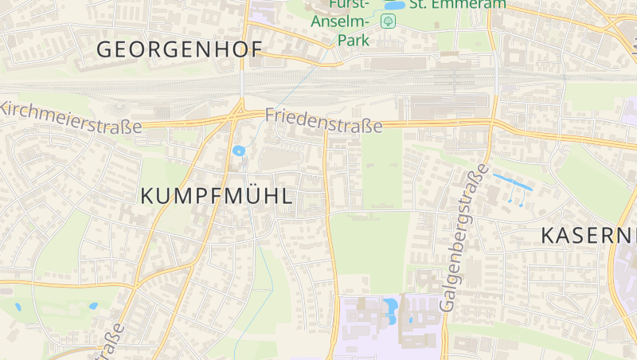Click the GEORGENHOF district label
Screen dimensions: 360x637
[x=179, y=49]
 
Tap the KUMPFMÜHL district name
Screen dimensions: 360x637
[x=217, y=196]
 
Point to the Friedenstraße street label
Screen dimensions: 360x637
[x=323, y=119]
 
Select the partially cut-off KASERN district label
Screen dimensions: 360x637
[x=588, y=235]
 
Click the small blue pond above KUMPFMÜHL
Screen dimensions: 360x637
[x=238, y=151]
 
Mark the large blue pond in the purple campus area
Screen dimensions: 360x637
[x=390, y=309]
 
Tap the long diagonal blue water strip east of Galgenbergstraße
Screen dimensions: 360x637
[x=512, y=181]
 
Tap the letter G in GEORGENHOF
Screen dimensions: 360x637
[x=104, y=49]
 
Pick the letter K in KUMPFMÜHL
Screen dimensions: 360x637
[x=147, y=196]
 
